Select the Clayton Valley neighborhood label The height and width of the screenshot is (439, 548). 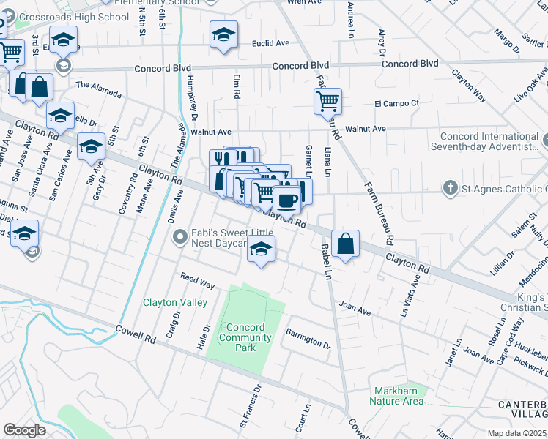tap(175, 302)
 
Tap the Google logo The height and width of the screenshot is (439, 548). tap(24, 430)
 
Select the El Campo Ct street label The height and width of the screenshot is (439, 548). tap(396, 103)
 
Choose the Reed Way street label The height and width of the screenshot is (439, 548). tap(197, 280)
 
